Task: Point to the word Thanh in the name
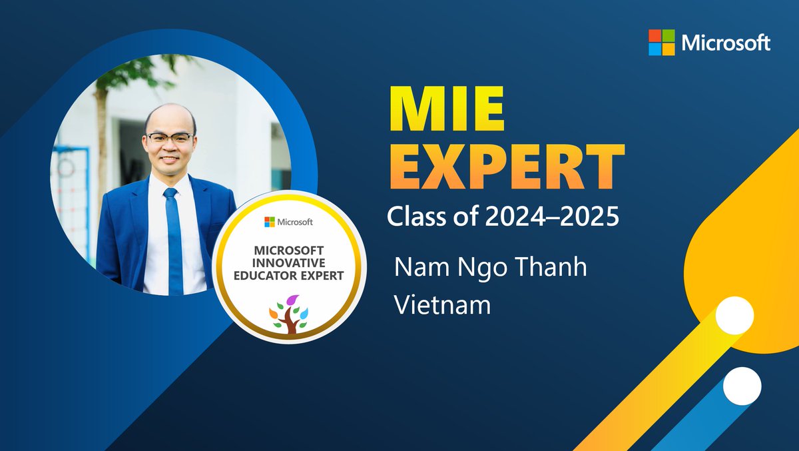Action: click(x=552, y=267)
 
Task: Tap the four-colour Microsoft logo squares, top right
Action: click(x=661, y=43)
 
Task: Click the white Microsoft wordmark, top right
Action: click(x=726, y=43)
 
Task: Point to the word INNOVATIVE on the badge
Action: click(x=289, y=264)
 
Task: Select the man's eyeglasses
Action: click(x=170, y=139)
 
